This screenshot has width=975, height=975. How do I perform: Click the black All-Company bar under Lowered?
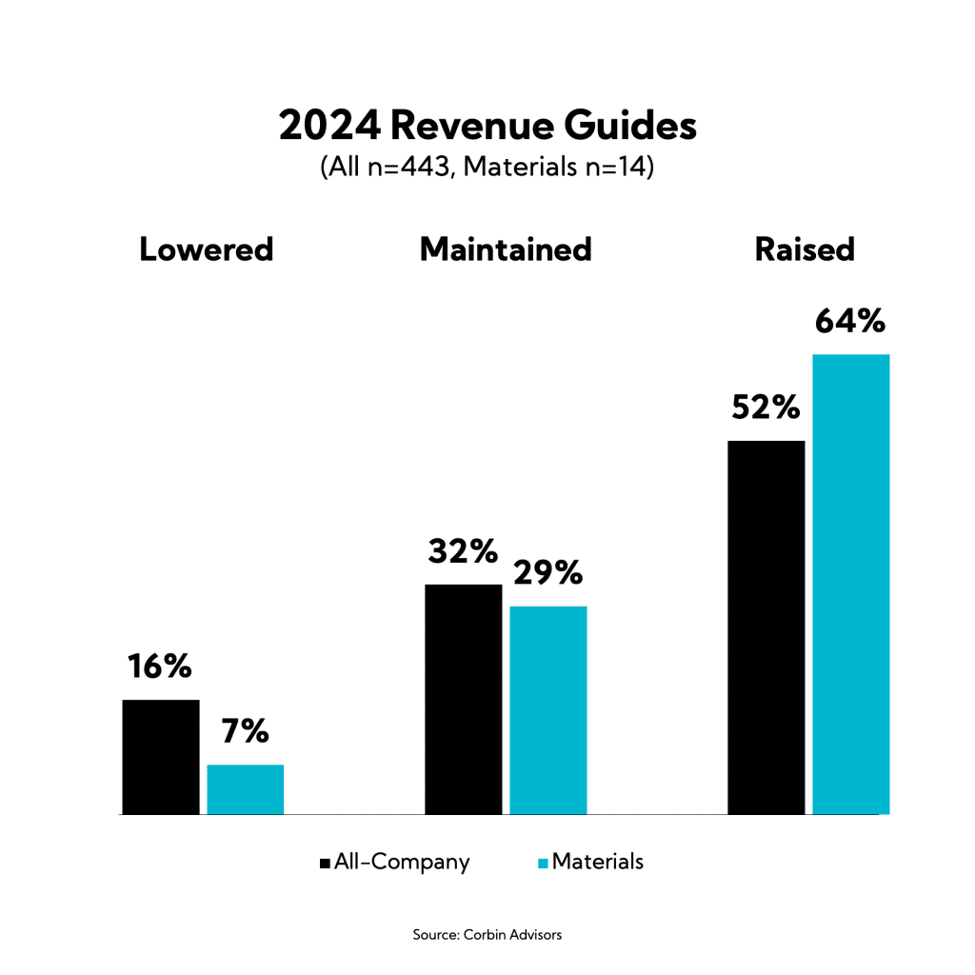[x=161, y=757]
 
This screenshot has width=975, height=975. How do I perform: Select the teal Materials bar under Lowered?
[x=246, y=789]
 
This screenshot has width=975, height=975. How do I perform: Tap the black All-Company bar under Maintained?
[x=463, y=699]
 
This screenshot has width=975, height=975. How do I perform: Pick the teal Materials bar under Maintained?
[x=548, y=710]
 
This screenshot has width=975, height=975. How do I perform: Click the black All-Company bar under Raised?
[x=766, y=627]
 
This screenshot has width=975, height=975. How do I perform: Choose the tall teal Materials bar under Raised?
[x=850, y=584]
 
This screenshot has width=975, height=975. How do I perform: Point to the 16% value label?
[x=160, y=667]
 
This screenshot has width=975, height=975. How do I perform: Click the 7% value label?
[x=245, y=731]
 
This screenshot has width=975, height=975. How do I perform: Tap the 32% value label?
[x=463, y=551]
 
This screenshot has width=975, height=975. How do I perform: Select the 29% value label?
[x=547, y=573]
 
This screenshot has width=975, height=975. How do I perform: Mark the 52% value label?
[x=766, y=408]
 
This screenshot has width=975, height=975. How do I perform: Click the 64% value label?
[x=850, y=322]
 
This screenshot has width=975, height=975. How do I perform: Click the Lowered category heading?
[x=207, y=249]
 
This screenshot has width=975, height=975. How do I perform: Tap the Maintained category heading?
[x=506, y=249]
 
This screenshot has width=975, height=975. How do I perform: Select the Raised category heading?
[x=805, y=249]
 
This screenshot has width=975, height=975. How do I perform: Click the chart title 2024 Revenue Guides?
[x=487, y=127]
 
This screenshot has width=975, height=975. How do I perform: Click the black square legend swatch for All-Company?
[x=326, y=863]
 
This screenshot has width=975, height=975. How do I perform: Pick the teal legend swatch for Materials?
[x=544, y=863]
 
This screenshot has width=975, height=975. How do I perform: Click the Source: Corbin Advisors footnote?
[x=487, y=935]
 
